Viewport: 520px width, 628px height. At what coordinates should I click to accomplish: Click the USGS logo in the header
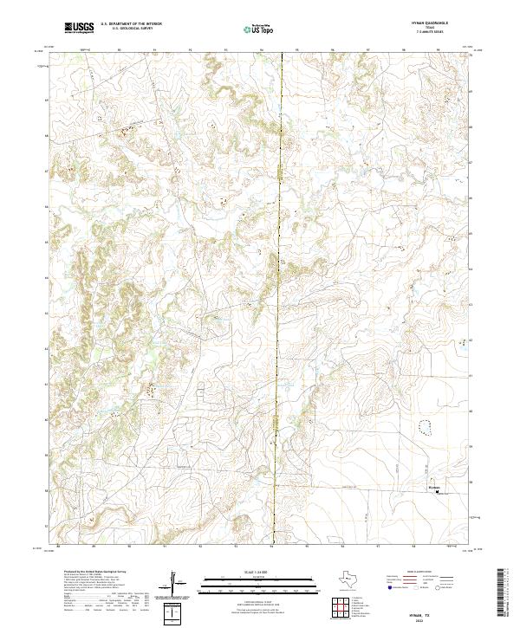coord(80,28)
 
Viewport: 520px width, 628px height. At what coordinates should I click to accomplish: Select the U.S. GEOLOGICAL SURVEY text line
coord(131,29)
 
